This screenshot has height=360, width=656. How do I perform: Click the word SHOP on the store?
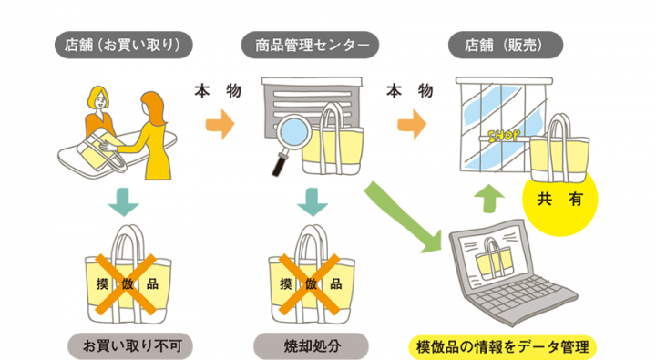(x=505, y=136)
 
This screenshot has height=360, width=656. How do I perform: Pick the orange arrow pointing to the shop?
(x=413, y=119)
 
